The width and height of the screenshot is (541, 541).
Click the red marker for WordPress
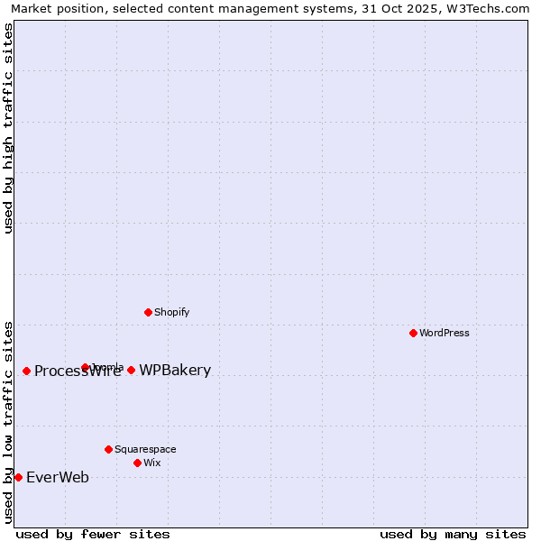(x=413, y=333)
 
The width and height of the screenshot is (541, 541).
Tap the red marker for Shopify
(x=148, y=312)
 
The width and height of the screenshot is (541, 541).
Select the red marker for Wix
(x=137, y=463)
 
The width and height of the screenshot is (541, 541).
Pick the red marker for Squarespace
(x=108, y=449)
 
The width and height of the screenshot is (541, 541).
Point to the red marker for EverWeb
(x=18, y=477)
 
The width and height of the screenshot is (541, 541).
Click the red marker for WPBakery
(x=131, y=370)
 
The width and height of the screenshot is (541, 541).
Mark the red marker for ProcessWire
(x=26, y=371)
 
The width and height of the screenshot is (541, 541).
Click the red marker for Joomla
(x=85, y=367)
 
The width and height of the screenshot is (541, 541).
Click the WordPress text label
(x=445, y=333)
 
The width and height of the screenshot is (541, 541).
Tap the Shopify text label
(x=171, y=312)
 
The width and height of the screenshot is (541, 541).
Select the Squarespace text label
(x=145, y=449)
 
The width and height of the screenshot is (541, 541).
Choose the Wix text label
(x=152, y=463)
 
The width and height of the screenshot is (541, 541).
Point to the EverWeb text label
(x=58, y=477)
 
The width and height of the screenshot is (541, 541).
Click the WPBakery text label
(x=175, y=370)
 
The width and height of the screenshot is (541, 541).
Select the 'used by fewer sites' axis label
(x=93, y=534)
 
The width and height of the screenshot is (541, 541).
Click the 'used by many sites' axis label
(x=453, y=534)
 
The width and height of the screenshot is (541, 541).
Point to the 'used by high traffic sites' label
(x=8, y=128)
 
